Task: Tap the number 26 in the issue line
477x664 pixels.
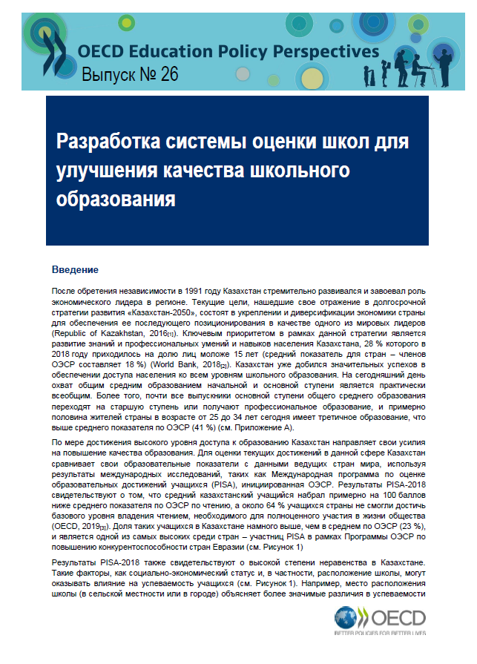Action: [x=168, y=74]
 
